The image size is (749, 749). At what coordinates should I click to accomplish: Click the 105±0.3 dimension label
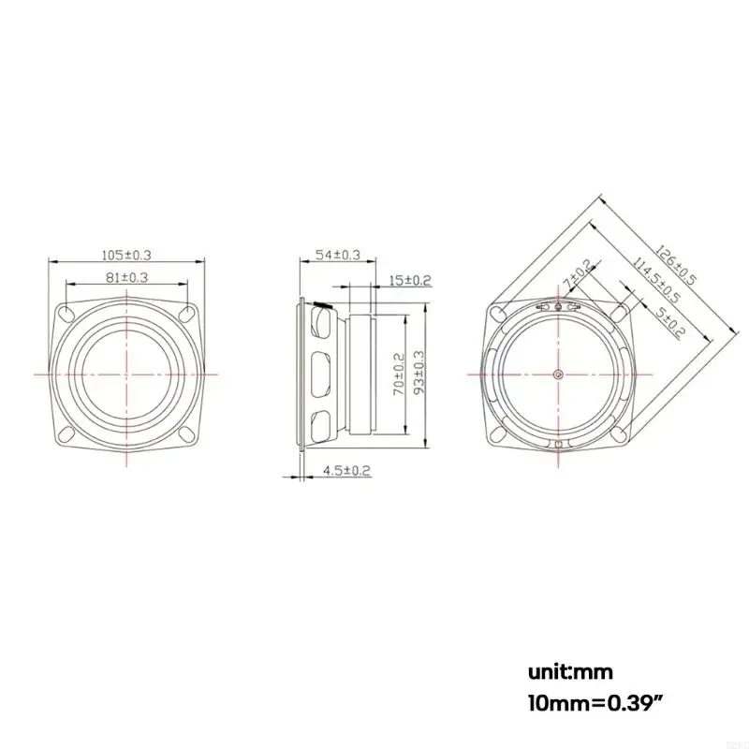126,255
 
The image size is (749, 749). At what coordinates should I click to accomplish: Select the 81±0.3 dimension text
126,277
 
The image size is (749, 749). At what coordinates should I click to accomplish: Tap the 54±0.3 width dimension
338,255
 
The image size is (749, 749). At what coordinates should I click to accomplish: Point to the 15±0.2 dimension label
410,280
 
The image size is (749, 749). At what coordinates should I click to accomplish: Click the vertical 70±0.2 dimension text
399,374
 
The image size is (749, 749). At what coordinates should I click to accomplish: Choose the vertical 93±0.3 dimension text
419,373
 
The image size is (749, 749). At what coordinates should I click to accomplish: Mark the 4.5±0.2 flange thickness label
347,471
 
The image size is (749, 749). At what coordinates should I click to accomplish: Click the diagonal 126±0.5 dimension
676,265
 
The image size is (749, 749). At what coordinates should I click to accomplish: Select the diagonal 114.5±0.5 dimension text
656,280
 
